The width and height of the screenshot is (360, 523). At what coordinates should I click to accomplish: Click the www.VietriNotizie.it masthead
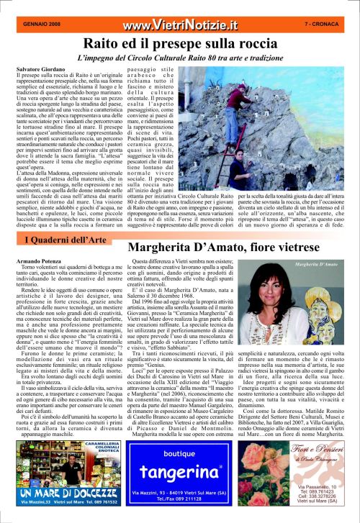point(180,25)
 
